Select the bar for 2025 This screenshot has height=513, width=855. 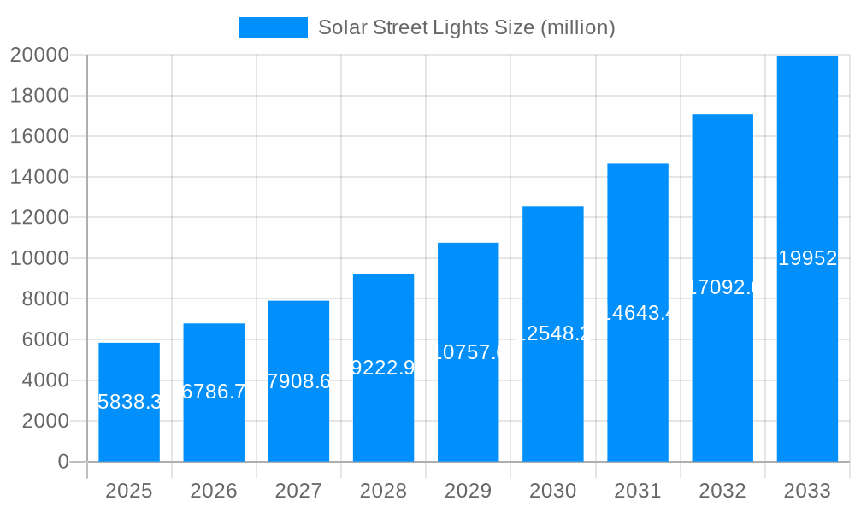(x=129, y=402)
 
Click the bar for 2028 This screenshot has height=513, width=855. (x=383, y=368)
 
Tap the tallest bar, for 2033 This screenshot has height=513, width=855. (x=807, y=258)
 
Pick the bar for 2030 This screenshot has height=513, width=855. (x=553, y=333)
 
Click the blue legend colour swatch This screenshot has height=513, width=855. (x=273, y=27)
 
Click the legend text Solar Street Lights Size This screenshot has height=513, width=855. (x=466, y=27)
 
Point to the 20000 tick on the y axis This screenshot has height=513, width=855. (x=39, y=55)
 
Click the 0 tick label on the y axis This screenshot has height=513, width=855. (x=62, y=462)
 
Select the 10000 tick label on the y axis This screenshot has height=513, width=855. (x=39, y=258)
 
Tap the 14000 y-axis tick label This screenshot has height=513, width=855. (x=39, y=177)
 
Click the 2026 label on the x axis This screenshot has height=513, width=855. (x=214, y=491)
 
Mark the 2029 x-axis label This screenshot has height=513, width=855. (x=469, y=491)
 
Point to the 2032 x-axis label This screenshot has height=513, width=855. (x=722, y=491)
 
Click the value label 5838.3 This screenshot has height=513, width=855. (x=129, y=402)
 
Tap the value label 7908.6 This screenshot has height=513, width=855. (x=298, y=381)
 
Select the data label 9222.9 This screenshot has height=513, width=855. (x=383, y=368)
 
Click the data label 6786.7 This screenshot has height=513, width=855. (x=214, y=392)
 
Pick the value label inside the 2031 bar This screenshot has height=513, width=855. (x=638, y=313)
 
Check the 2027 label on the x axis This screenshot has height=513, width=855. (x=298, y=491)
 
